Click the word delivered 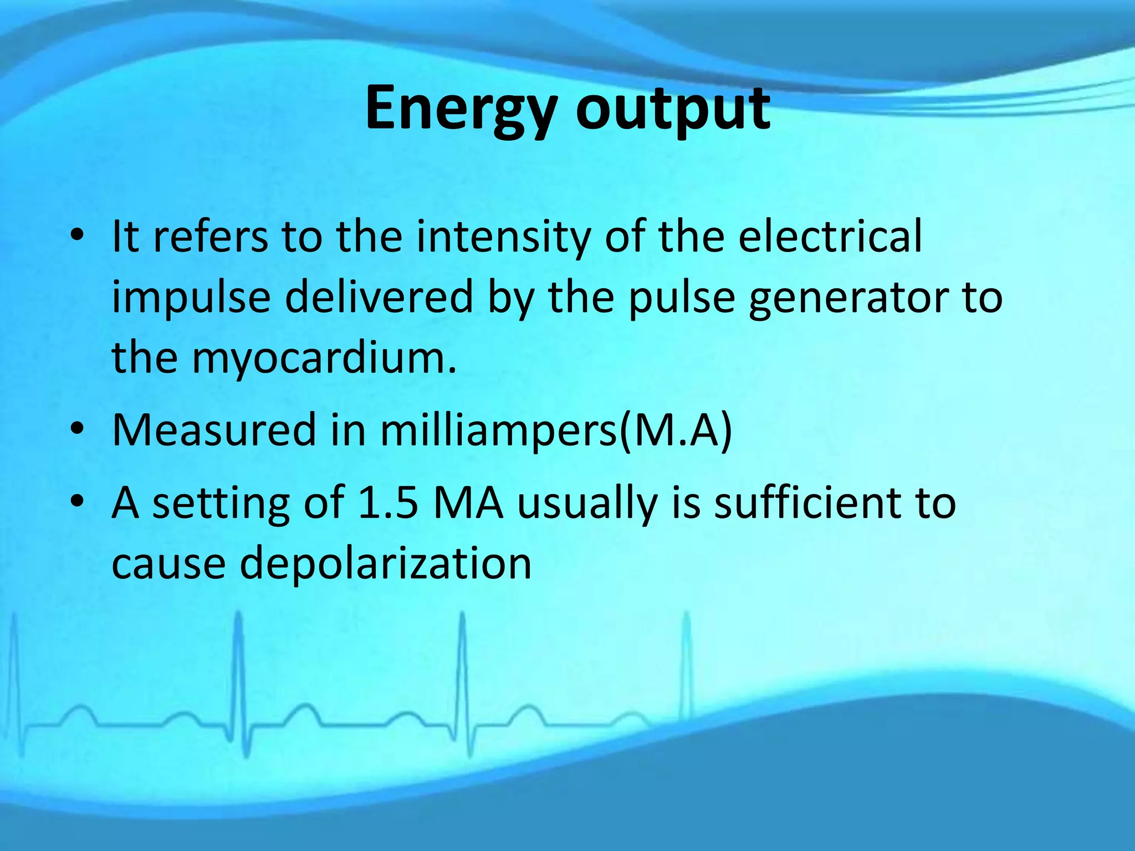click(x=380, y=296)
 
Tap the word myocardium click(x=325, y=358)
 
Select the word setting click(x=221, y=504)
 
